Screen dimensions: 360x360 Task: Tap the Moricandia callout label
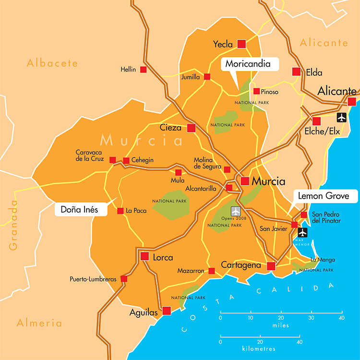(248, 64)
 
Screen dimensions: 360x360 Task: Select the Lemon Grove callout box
(327, 196)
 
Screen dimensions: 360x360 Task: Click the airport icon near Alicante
(341, 117)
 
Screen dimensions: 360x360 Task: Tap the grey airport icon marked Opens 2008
(236, 211)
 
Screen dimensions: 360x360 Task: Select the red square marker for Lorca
(144, 256)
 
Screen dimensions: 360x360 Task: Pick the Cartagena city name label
(240, 265)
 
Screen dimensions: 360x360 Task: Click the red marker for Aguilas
(167, 311)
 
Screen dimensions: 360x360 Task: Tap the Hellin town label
(128, 70)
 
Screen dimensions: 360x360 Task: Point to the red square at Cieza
(191, 128)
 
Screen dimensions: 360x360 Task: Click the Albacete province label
(52, 63)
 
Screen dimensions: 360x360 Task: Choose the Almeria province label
(39, 323)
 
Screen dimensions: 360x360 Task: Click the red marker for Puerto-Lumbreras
(124, 279)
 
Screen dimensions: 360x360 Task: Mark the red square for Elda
(296, 72)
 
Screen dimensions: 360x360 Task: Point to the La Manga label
(323, 260)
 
